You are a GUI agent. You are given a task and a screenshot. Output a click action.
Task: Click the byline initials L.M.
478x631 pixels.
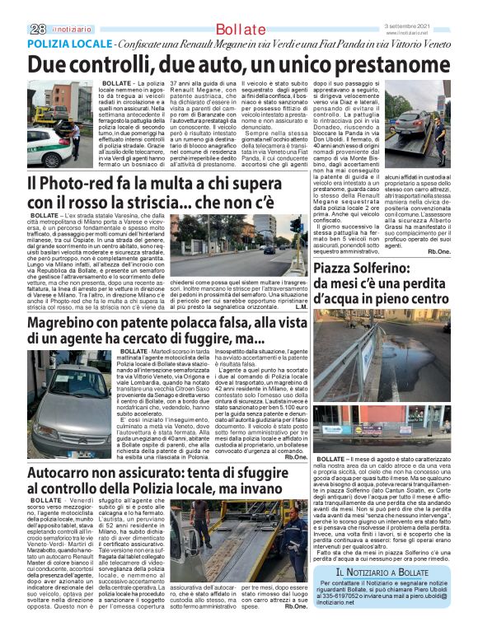point(302,307)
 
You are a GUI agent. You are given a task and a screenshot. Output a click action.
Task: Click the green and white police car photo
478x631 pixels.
point(62,123)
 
